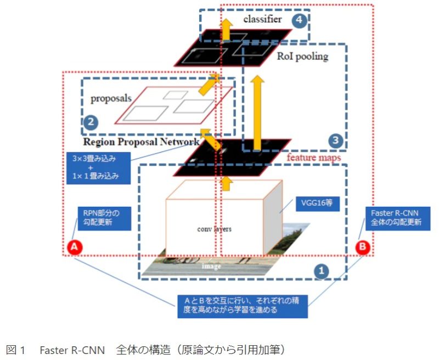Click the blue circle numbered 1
pyautogui.click(x=323, y=269)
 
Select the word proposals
pyautogui.click(x=110, y=99)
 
